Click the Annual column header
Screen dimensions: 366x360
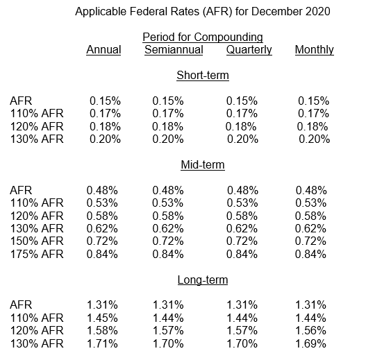point(103,50)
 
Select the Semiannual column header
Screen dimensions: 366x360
point(174,50)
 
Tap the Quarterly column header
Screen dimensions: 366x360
point(249,50)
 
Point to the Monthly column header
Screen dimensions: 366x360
point(315,50)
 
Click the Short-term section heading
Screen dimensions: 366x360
point(203,76)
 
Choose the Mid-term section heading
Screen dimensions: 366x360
point(203,165)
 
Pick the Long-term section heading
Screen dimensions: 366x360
point(203,280)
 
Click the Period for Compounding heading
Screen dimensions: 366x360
point(203,37)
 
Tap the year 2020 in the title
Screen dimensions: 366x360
point(318,11)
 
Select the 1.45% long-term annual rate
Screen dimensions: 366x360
point(102,318)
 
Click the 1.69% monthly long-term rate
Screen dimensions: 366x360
point(310,343)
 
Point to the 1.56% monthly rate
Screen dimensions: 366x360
point(310,330)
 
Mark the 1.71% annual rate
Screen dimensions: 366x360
point(102,343)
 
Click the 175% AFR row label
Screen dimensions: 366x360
point(37,254)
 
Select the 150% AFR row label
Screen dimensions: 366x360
point(37,241)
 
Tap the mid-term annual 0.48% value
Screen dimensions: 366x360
point(102,190)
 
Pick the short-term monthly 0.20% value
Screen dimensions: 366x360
point(314,139)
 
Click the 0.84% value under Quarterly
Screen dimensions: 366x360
point(242,254)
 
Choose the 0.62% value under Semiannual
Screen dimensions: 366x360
point(168,228)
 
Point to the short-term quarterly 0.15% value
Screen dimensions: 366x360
point(242,101)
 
